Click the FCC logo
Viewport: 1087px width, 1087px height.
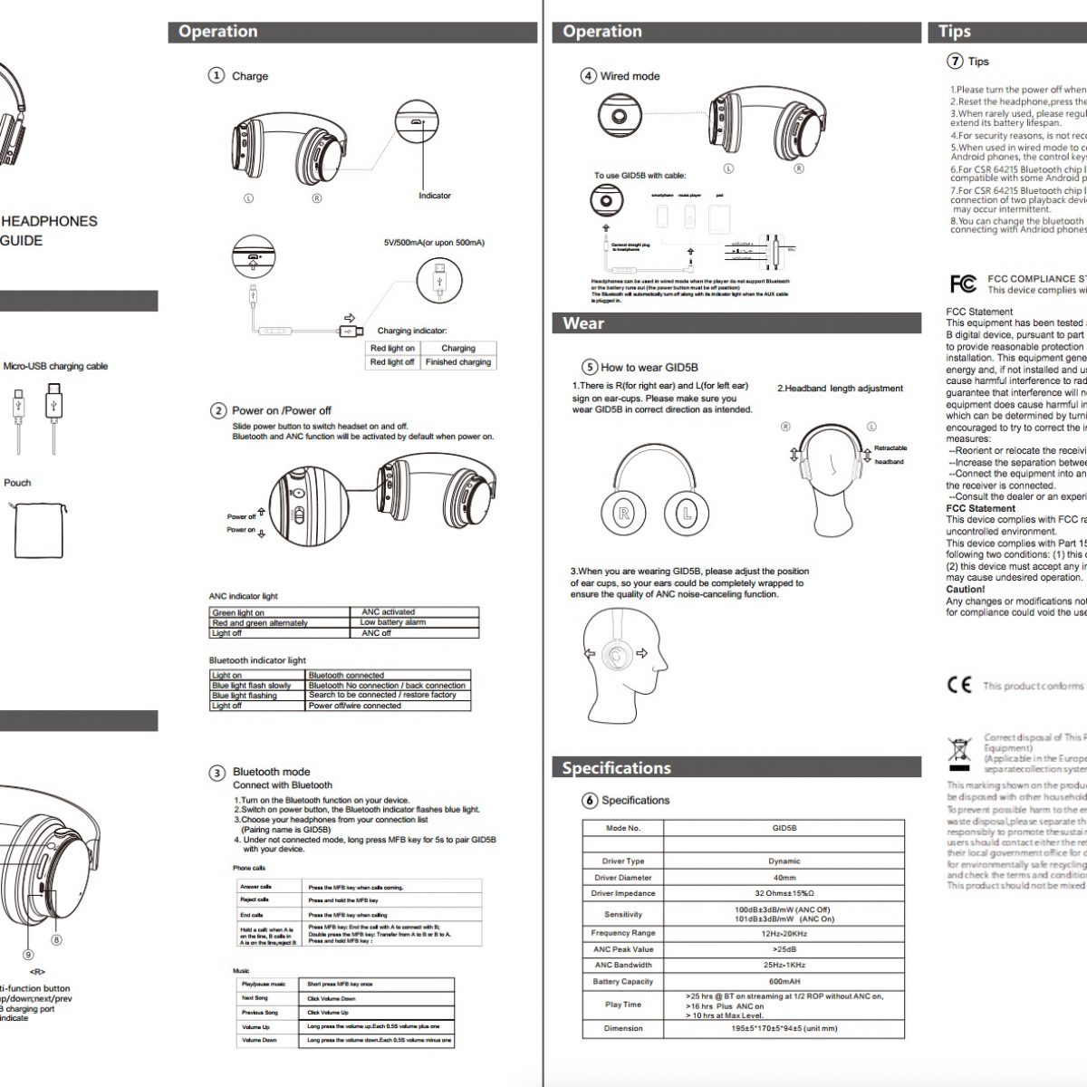pyautogui.click(x=963, y=284)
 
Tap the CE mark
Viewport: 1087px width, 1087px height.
pyautogui.click(x=959, y=685)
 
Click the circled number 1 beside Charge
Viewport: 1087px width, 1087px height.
pyautogui.click(x=216, y=75)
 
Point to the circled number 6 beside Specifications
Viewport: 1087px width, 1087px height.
pyautogui.click(x=590, y=800)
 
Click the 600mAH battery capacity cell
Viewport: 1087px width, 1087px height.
pyautogui.click(x=784, y=982)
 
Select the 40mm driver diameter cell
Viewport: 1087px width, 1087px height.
pyautogui.click(x=784, y=877)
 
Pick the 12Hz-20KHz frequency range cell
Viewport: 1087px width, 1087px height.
pyautogui.click(x=784, y=933)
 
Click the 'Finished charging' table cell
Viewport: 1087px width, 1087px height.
pyautogui.click(x=458, y=362)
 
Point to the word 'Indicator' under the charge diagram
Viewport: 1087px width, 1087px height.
pyautogui.click(x=435, y=196)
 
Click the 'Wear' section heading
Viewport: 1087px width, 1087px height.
pyautogui.click(x=583, y=323)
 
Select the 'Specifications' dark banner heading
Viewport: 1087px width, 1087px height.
pyautogui.click(x=616, y=768)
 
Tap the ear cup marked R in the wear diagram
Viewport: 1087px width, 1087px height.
pyautogui.click(x=624, y=514)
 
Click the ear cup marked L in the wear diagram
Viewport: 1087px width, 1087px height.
pyautogui.click(x=688, y=514)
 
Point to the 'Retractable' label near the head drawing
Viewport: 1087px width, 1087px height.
pyautogui.click(x=890, y=448)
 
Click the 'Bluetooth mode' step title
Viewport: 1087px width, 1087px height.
pyautogui.click(x=271, y=772)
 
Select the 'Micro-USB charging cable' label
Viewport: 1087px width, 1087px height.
pyautogui.click(x=55, y=367)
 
